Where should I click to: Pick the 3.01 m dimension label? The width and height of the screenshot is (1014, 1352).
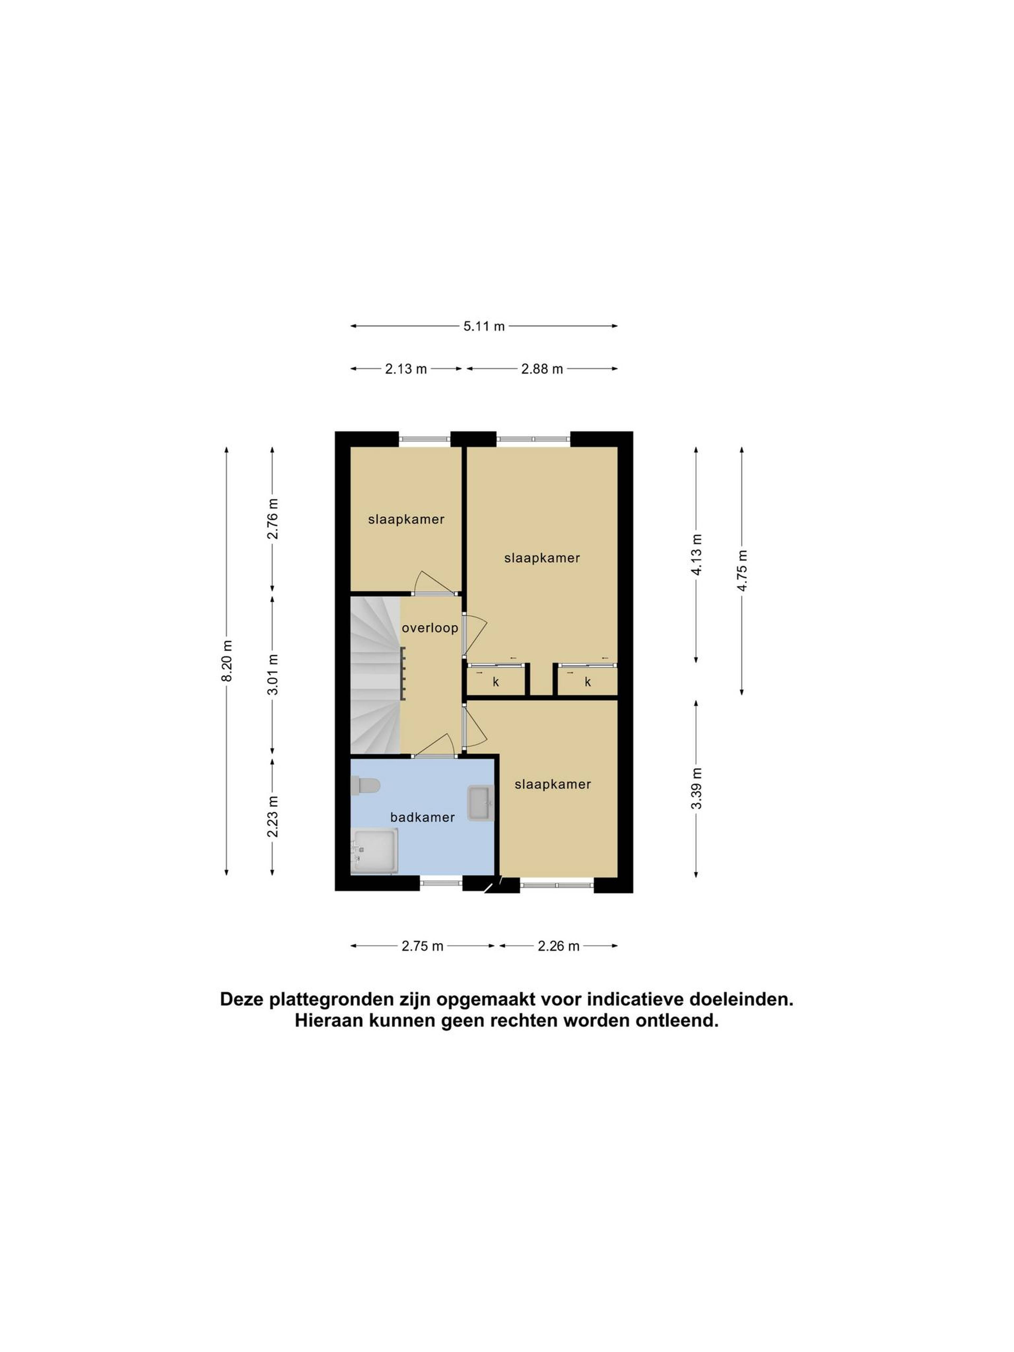pyautogui.click(x=273, y=674)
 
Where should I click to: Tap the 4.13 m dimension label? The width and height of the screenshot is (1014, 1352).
pyautogui.click(x=696, y=554)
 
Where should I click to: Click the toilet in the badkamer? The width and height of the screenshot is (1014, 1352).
pyautogui.click(x=365, y=785)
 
